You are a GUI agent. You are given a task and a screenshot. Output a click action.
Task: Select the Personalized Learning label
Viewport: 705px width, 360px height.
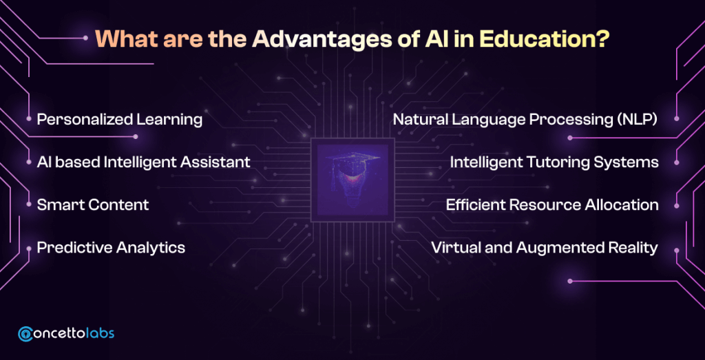120,120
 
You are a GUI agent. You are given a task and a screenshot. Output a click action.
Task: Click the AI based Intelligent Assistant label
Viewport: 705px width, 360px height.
143,162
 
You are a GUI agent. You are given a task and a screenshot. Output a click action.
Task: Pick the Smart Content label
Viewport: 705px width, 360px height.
93,205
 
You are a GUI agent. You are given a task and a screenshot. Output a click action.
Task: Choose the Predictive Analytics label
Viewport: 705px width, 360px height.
111,248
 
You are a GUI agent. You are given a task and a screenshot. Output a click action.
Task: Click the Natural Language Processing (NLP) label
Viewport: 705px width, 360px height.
526,120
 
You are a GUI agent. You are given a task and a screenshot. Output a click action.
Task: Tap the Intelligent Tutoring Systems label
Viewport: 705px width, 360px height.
554,162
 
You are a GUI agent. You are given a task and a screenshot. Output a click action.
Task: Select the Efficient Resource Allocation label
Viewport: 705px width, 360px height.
552,205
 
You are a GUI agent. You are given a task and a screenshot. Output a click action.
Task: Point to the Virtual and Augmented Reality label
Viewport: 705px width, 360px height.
545,248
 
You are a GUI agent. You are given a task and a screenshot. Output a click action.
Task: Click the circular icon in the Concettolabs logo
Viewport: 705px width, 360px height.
26,333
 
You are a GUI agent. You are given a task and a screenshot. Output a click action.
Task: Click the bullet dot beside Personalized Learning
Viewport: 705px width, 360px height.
29,119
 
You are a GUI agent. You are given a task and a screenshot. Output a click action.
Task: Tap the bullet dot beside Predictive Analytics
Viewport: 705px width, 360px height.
29,248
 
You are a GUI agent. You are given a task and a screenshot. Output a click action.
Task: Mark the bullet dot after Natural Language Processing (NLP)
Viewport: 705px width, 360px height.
677,119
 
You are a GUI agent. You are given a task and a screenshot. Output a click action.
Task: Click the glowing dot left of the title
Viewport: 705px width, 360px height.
85,38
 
